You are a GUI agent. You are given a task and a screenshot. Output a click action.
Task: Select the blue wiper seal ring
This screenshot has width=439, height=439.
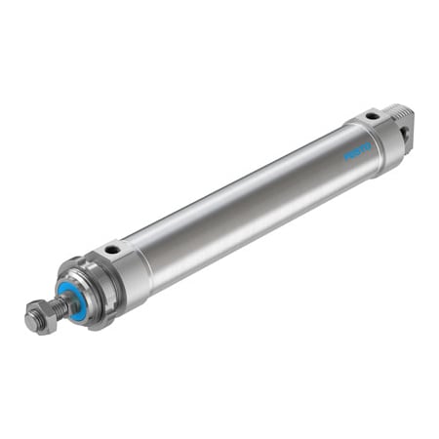[x=70, y=297]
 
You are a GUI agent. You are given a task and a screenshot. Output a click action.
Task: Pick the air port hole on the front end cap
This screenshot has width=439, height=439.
[x=114, y=251]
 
